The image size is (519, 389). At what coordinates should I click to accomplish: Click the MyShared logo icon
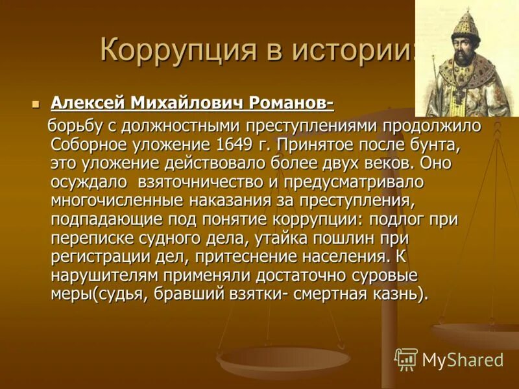(406, 359)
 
